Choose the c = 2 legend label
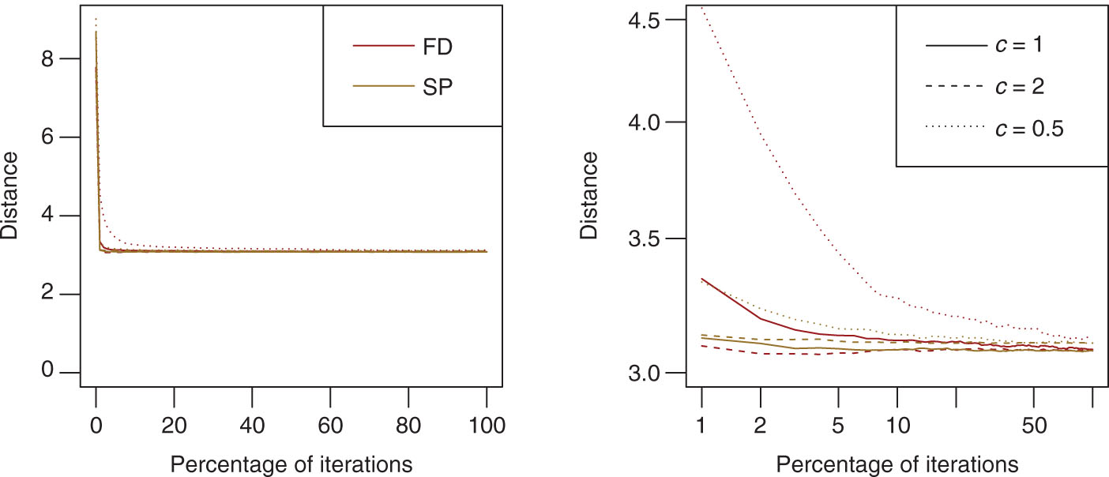point(1018,86)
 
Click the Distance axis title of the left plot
point(11,195)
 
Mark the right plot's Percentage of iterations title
point(897,461)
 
